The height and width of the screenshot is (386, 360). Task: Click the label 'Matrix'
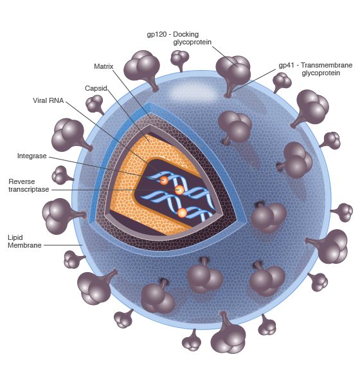point(104,66)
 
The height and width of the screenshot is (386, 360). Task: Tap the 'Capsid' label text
point(96,88)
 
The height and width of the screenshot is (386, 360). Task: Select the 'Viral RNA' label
point(48,100)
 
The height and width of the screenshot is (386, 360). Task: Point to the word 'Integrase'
point(32,156)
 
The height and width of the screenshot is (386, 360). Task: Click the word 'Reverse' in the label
point(22,181)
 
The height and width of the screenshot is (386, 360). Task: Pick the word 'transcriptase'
point(29,190)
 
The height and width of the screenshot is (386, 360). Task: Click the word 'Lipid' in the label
point(15,238)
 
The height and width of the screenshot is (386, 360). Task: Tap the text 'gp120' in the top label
point(157,35)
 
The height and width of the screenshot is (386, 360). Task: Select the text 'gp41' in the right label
point(287,66)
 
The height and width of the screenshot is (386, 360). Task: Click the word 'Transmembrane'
point(327,65)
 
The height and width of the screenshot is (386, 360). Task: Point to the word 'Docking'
point(186,35)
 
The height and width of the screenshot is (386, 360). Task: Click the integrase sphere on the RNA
point(164,180)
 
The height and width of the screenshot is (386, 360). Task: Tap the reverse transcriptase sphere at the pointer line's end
point(179,190)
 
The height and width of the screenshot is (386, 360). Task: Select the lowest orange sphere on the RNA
point(182,213)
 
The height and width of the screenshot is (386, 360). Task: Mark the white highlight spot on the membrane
point(193,93)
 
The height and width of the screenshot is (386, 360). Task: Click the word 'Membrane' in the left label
point(24,246)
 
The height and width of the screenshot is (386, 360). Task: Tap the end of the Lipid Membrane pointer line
point(82,245)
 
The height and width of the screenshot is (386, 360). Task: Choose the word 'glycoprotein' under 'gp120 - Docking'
point(192,42)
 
